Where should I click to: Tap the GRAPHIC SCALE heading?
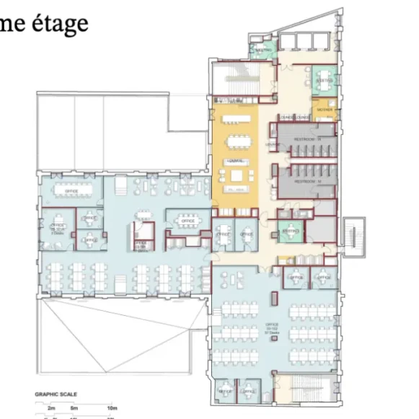pyautogui.click(x=56, y=394)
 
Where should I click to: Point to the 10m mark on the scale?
pyautogui.click(x=112, y=408)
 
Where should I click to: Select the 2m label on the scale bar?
pyautogui.click(x=51, y=408)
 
